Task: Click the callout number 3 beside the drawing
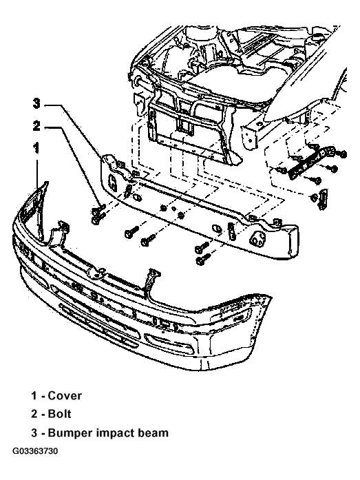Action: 36,104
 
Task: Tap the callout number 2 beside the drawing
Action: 36,126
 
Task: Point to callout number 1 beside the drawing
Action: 36,149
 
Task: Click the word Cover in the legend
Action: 65,396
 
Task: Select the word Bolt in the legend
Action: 59,414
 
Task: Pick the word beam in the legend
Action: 153,433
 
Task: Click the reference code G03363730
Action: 35,452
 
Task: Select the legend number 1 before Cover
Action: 34,396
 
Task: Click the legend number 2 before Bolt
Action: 34,414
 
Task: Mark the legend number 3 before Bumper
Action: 34,433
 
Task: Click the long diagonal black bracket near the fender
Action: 311,161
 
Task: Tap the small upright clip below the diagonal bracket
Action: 323,200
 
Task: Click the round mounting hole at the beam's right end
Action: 257,238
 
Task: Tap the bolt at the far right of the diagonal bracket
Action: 343,154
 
